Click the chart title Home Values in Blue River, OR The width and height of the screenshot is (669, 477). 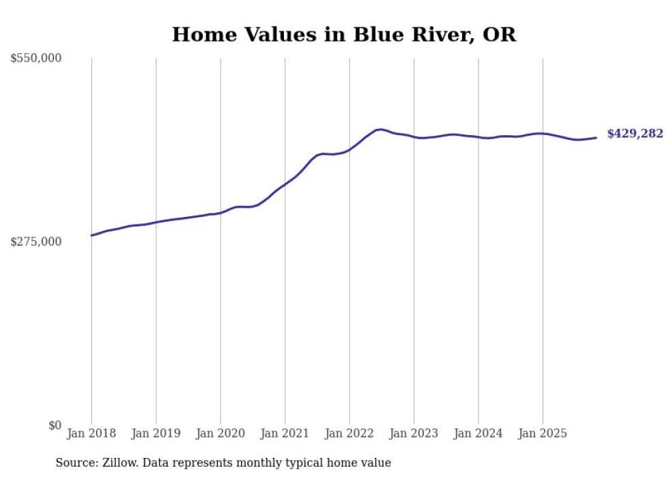pos(343,35)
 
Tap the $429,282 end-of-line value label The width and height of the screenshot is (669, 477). pos(634,134)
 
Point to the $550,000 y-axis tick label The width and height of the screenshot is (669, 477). pos(35,59)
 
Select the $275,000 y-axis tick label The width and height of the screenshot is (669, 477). pos(35,242)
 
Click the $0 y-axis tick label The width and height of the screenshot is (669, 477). pos(55,425)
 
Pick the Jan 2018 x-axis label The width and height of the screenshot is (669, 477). pos(91,433)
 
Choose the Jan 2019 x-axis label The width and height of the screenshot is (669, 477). pos(156,433)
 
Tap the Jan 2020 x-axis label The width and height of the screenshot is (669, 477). pos(220,433)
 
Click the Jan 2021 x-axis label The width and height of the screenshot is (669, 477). pos(285,433)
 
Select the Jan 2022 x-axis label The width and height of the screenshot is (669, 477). pos(350,433)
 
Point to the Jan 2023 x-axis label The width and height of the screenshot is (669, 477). pos(414,433)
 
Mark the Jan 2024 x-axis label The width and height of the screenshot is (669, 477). pos(478,433)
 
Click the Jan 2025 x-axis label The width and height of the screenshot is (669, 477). pos(543,433)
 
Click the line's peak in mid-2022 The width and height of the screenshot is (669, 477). pos(380,129)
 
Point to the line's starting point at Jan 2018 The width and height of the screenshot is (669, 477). pos(91,235)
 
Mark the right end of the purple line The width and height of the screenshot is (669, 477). pos(597,138)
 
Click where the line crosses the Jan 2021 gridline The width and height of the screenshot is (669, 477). pos(285,184)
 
